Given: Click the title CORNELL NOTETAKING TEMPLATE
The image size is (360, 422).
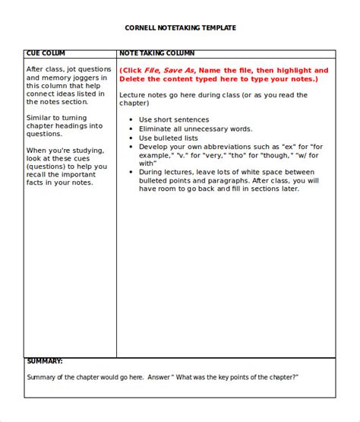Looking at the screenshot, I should [x=180, y=27].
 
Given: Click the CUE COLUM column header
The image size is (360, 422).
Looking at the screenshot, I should [x=46, y=54].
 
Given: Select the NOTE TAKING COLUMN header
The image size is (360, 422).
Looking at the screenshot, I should [x=156, y=54].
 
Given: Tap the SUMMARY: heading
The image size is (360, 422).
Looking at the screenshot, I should [x=45, y=340].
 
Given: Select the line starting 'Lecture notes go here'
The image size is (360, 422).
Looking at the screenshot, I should [x=213, y=95].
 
